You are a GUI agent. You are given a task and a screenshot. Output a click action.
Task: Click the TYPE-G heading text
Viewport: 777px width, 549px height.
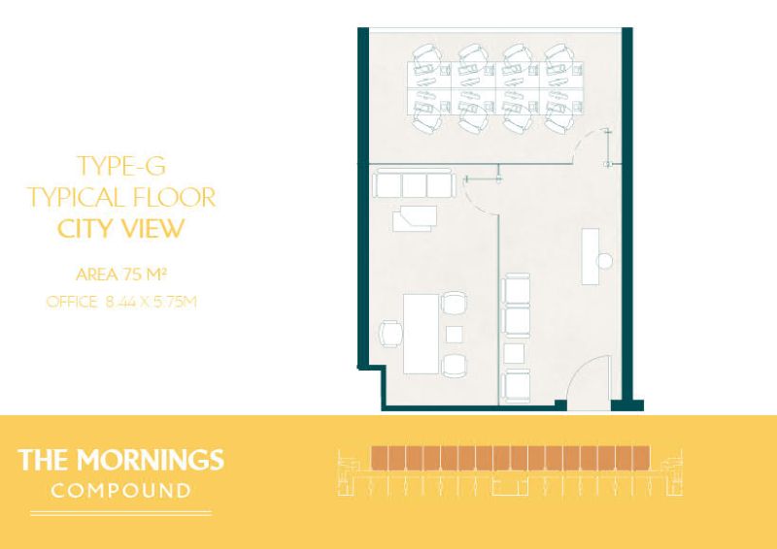[x=121, y=166]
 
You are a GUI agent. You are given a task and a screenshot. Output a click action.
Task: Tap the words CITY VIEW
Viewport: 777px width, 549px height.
[x=120, y=228]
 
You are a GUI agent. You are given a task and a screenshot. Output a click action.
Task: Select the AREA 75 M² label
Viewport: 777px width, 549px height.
[x=120, y=274]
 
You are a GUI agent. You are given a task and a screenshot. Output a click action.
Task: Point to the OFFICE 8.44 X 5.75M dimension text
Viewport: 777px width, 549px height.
[x=121, y=302]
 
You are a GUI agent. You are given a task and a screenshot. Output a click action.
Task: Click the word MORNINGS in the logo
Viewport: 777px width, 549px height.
[x=151, y=460]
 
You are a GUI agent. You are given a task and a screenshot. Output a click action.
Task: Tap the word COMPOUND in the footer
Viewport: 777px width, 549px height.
[x=120, y=491]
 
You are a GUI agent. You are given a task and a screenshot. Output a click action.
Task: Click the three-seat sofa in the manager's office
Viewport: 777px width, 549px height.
[x=414, y=183]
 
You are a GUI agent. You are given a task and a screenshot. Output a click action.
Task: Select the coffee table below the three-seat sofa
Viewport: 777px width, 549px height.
[x=415, y=218]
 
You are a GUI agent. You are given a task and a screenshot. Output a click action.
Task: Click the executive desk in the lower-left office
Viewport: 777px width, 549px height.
[x=422, y=333]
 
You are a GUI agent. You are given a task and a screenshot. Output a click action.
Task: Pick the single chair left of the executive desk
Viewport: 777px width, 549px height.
[x=391, y=334]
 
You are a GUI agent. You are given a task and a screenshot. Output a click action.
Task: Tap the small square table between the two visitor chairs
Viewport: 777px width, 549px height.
[x=454, y=334]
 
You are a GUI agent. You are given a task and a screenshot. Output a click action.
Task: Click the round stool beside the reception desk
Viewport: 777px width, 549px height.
[x=605, y=260]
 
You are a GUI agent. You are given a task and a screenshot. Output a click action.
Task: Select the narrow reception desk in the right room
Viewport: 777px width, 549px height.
[x=591, y=256]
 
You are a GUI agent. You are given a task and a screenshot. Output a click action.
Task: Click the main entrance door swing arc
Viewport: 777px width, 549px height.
[x=576, y=370]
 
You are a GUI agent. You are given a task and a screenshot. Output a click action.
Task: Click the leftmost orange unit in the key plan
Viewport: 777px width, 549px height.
[x=379, y=458]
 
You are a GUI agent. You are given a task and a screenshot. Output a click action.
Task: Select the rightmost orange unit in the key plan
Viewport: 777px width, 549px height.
[x=642, y=458]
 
